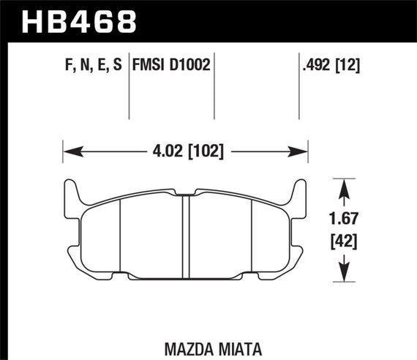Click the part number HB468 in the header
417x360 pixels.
pos(80,21)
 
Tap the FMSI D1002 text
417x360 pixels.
pos(171,66)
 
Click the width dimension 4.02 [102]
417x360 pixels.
pos(185,152)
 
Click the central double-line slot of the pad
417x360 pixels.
pos(186,238)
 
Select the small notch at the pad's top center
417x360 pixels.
pos(186,195)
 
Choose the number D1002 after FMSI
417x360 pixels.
pos(191,66)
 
